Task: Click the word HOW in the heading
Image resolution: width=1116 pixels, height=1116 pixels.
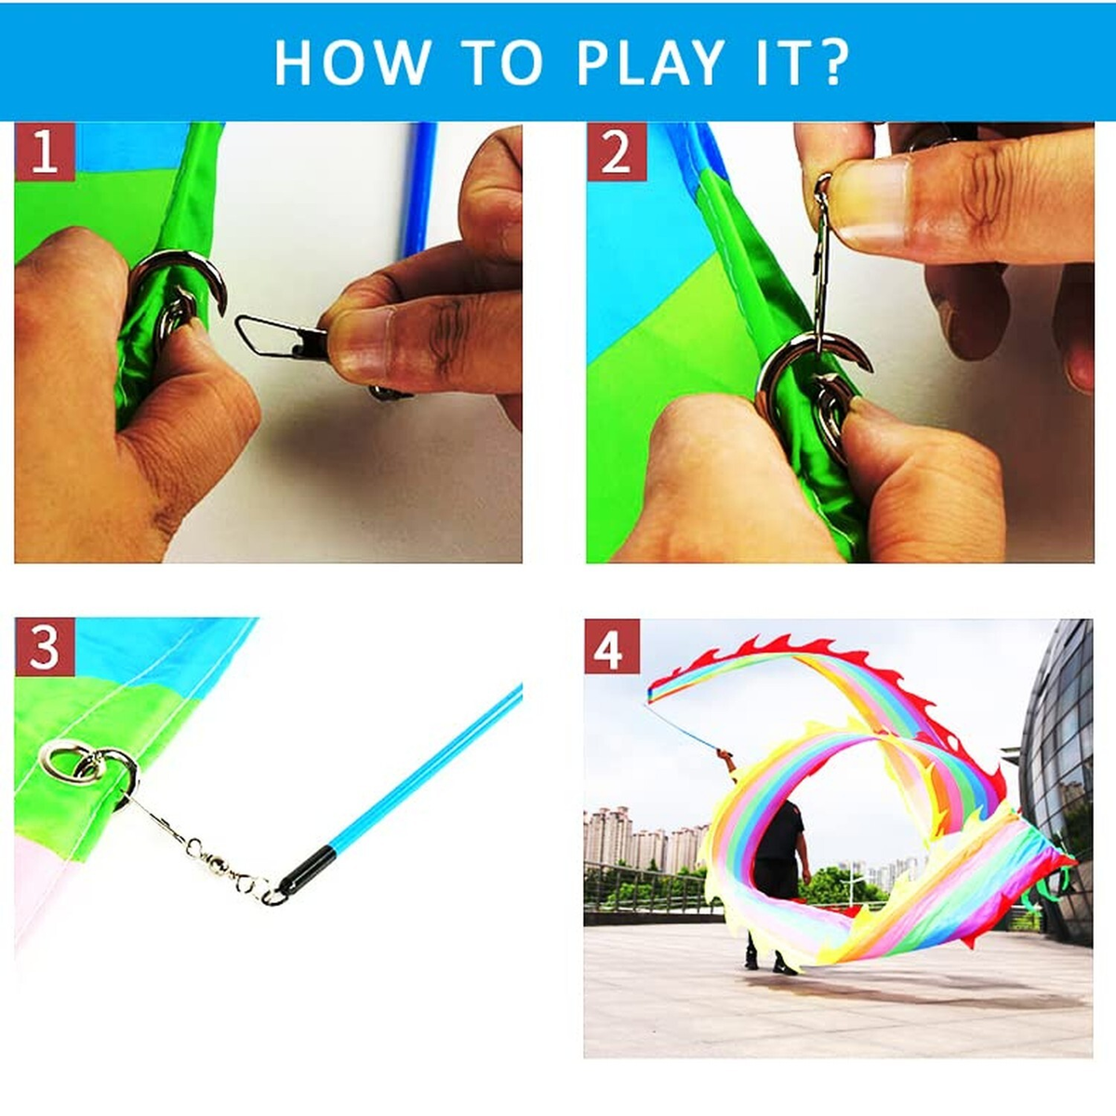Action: pos(352,62)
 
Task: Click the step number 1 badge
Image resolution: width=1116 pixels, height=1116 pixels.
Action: pos(44,152)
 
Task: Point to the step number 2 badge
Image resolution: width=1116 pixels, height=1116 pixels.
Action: pos(616,152)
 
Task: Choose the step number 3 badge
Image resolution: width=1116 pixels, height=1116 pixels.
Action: pos(44,647)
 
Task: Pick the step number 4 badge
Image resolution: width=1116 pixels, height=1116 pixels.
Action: pos(612,647)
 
